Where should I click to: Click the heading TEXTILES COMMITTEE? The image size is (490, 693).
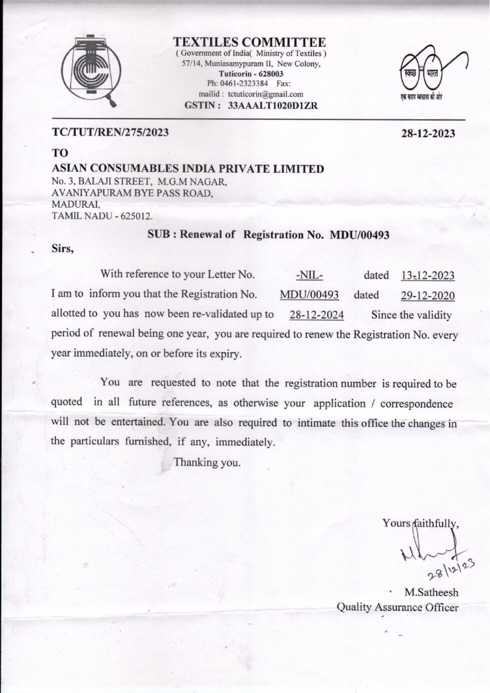tap(249, 42)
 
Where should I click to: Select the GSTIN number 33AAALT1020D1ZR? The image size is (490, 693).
tap(272, 106)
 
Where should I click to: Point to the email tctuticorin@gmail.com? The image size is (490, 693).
tap(265, 94)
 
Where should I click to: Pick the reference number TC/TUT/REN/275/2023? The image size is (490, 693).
tap(110, 133)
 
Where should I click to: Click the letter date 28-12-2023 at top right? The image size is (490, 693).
tap(428, 134)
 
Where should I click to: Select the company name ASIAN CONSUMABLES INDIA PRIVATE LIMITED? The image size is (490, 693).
tap(188, 169)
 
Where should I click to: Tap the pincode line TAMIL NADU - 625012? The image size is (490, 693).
tap(102, 217)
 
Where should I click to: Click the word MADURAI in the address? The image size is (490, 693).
tap(75, 205)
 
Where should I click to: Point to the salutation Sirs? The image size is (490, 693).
tap(62, 249)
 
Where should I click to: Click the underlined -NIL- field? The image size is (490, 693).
tap(309, 275)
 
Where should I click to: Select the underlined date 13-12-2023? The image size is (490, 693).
tap(427, 276)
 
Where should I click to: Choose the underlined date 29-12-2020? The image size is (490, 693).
tap(427, 296)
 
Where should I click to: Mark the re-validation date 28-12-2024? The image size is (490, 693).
tap(316, 315)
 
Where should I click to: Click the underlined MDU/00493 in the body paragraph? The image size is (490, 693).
tap(309, 295)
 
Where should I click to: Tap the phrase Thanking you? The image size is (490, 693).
tap(207, 463)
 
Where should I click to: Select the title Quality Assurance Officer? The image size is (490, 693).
tap(397, 607)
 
